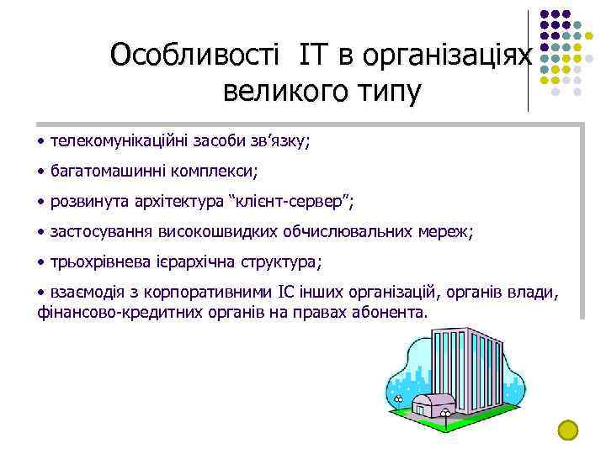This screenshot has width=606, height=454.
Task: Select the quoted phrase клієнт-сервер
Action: (290, 202)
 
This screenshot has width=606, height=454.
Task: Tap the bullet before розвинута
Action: (42, 202)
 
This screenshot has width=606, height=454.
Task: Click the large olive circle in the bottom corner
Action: (569, 430)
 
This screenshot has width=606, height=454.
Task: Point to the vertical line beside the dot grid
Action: (529, 59)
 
